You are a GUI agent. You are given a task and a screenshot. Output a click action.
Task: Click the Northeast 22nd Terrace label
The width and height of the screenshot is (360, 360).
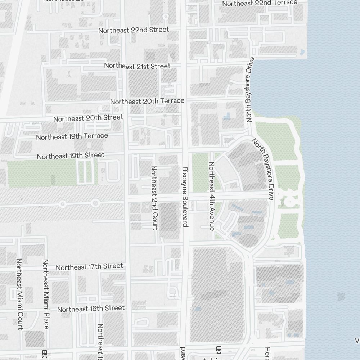(x=260, y=3)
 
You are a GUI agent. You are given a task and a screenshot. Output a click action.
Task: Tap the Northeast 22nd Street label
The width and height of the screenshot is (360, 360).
(x=134, y=30)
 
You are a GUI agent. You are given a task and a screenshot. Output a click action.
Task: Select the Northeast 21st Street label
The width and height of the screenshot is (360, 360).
(x=137, y=66)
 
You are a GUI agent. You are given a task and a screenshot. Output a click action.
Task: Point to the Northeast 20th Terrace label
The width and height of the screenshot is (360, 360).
(x=147, y=101)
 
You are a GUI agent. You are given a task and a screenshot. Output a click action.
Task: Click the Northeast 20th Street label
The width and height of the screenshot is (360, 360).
(x=88, y=118)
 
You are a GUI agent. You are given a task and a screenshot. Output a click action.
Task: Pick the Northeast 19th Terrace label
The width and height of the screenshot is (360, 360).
(x=72, y=136)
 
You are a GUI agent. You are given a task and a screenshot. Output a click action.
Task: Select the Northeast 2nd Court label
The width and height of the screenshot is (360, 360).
(x=154, y=197)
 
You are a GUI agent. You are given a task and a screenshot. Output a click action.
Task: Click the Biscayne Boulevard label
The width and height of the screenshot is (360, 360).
(x=185, y=197)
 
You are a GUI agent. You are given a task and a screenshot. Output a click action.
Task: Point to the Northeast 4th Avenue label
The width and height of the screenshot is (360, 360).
(x=211, y=196)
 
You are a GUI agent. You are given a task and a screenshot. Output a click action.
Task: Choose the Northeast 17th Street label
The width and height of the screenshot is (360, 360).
(x=89, y=267)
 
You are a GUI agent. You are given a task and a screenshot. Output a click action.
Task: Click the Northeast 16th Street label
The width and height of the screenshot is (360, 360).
(x=91, y=309)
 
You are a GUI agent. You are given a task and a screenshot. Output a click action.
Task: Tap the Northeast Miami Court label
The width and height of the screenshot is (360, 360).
(x=19, y=293)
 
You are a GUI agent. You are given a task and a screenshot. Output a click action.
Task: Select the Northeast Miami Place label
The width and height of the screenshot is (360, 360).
(x=45, y=294)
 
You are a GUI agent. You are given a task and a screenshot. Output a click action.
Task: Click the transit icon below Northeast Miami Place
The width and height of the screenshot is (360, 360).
(x=45, y=353)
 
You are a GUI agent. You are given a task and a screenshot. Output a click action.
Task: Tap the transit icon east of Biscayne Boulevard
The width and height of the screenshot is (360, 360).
(x=219, y=349)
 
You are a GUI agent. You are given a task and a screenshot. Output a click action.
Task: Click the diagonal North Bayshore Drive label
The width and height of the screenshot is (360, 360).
(x=263, y=169)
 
